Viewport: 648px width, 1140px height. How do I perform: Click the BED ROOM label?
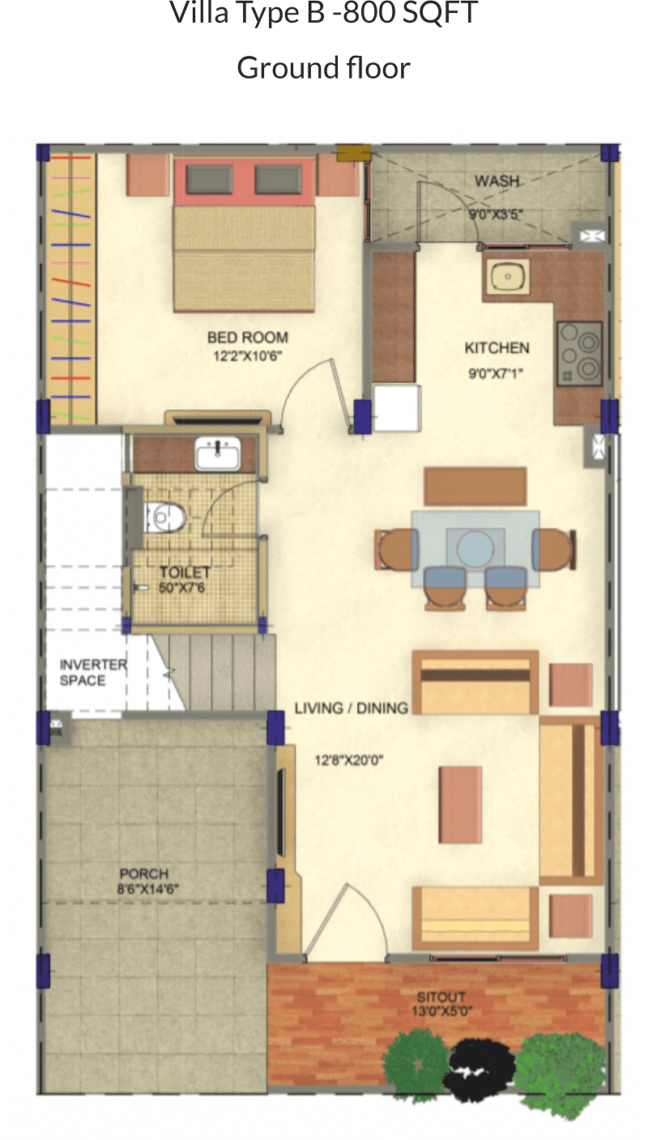pyautogui.click(x=247, y=338)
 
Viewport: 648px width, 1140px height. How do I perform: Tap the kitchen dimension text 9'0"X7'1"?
pyautogui.click(x=495, y=373)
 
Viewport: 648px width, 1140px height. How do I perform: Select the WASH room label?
pyautogui.click(x=497, y=181)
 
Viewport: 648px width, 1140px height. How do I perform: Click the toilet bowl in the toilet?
pyautogui.click(x=164, y=517)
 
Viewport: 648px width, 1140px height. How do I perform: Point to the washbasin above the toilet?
pyautogui.click(x=218, y=453)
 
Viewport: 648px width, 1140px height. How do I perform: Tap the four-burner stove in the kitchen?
pyautogui.click(x=579, y=354)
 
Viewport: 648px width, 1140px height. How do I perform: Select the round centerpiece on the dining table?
pyautogui.click(x=475, y=549)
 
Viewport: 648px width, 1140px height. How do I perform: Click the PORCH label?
pyautogui.click(x=144, y=874)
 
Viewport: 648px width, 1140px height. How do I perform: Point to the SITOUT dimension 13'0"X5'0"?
pyautogui.click(x=441, y=1011)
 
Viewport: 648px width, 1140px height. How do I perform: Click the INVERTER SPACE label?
pyautogui.click(x=93, y=672)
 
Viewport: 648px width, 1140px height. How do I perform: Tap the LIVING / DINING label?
pyautogui.click(x=352, y=708)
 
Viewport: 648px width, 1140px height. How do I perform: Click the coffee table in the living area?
pyautogui.click(x=460, y=805)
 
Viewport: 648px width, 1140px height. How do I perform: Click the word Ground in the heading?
pyautogui.click(x=287, y=68)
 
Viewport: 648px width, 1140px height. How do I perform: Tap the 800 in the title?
pyautogui.click(x=370, y=12)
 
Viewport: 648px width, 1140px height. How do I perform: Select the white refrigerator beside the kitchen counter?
pyautogui.click(x=397, y=407)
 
